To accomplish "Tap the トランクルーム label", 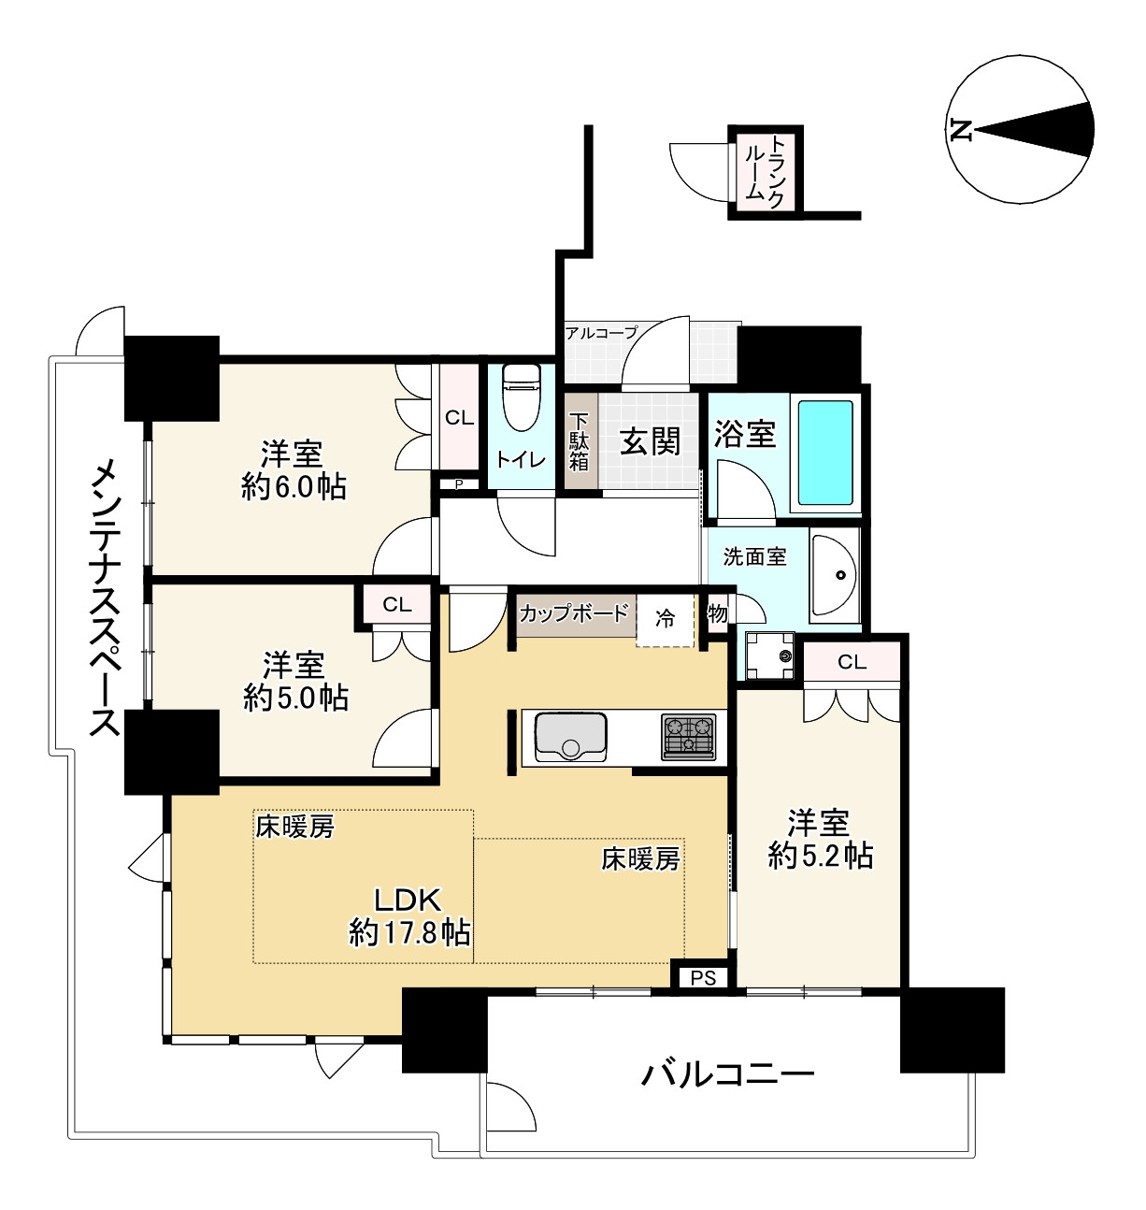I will (x=765, y=170).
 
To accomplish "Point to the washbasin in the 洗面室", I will (x=836, y=575).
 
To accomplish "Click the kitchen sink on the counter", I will (x=570, y=735).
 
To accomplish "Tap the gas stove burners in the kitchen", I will (x=689, y=735).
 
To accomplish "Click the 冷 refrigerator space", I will (x=666, y=618).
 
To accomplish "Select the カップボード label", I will (x=573, y=614).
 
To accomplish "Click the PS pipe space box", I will (x=704, y=977).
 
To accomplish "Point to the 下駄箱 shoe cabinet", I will (x=580, y=442).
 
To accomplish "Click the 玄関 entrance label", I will (x=651, y=440).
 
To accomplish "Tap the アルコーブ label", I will (x=601, y=333).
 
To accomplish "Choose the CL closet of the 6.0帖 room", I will (x=459, y=418).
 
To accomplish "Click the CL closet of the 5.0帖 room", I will (x=396, y=605).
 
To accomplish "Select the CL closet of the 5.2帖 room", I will (x=852, y=663).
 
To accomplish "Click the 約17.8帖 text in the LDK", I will (x=409, y=932).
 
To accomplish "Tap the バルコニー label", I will (x=727, y=1073).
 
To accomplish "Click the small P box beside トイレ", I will (x=459, y=483).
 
